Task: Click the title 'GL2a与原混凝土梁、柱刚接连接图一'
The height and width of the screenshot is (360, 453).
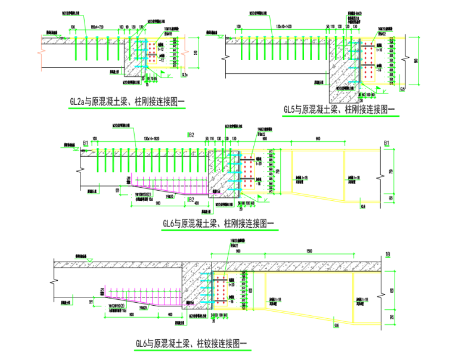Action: (x=127, y=102)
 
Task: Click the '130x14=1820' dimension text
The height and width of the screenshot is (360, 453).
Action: (x=154, y=138)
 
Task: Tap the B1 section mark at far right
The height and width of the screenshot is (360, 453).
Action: (x=387, y=143)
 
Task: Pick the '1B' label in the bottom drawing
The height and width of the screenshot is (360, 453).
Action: (x=388, y=255)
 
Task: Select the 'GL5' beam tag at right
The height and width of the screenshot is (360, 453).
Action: (x=403, y=89)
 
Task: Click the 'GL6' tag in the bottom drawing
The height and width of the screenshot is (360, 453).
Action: (x=337, y=325)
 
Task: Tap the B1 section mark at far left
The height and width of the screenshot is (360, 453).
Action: (x=86, y=143)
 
